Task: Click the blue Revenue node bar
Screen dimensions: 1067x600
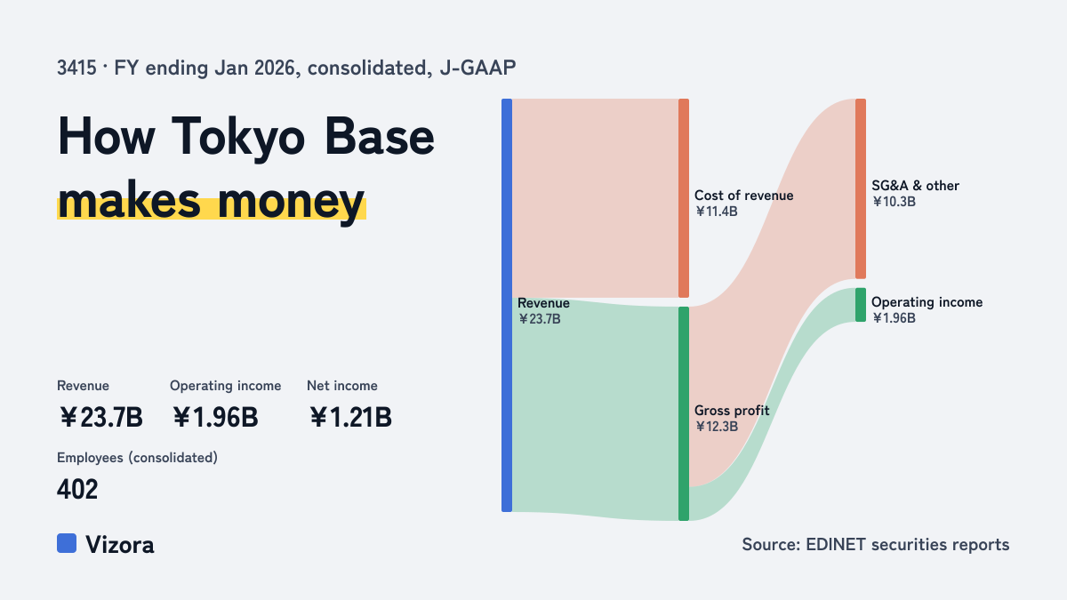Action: (x=507, y=305)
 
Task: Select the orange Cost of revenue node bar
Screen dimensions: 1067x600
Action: (x=684, y=198)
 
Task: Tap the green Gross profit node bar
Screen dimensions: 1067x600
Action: (x=684, y=414)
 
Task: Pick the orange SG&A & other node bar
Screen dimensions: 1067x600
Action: (x=861, y=188)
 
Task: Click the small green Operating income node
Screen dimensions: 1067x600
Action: (x=861, y=305)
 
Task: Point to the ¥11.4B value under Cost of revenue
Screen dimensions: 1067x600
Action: (x=717, y=212)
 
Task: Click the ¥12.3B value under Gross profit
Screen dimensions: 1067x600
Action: (x=717, y=426)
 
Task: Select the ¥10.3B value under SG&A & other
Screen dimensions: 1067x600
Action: (x=895, y=202)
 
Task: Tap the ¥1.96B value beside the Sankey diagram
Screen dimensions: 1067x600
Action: (x=895, y=318)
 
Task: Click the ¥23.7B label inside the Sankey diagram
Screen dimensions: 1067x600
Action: (x=540, y=319)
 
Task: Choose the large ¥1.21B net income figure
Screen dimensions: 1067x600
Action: (x=350, y=417)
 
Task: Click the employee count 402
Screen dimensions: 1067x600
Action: (x=77, y=490)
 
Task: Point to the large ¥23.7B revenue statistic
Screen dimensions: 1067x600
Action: (x=101, y=417)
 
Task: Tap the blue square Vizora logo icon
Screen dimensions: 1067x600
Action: (x=67, y=543)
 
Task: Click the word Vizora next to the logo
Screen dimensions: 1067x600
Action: (x=120, y=545)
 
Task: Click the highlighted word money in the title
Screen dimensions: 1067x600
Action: (x=292, y=202)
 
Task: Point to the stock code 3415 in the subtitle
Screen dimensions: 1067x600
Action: (x=76, y=68)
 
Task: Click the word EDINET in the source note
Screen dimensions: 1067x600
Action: (x=836, y=544)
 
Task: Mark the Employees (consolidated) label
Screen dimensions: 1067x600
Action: (x=137, y=458)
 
